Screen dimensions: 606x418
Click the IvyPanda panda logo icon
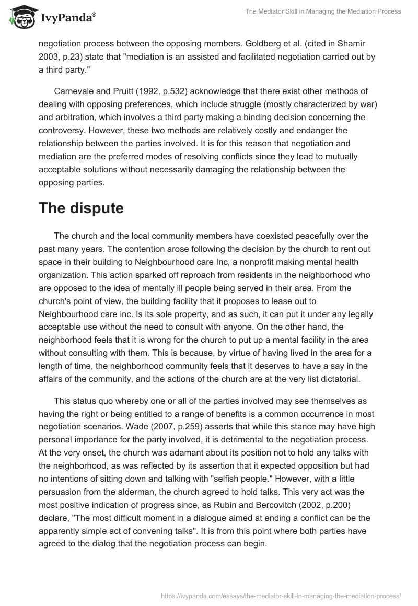[x=21, y=18]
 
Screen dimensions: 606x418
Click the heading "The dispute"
[x=81, y=208]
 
